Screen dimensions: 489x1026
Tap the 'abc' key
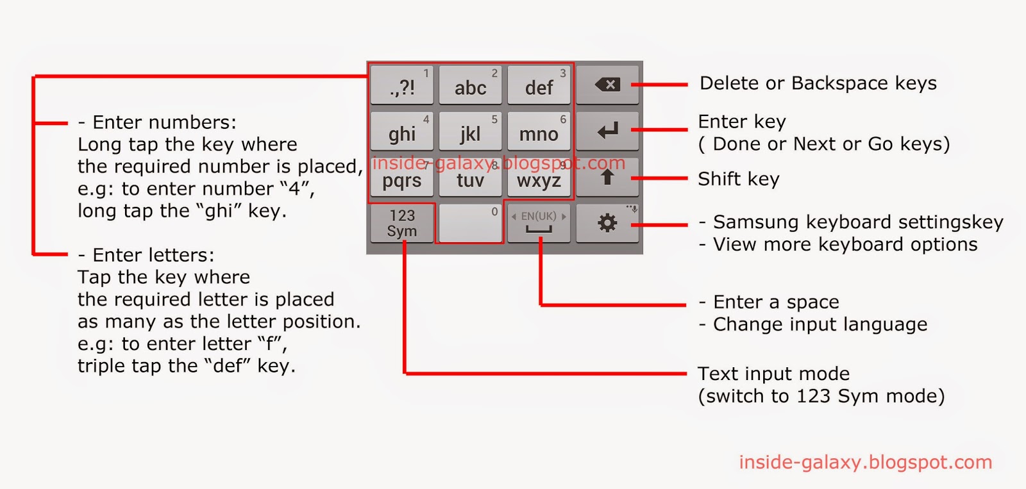coord(470,85)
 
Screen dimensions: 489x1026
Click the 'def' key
coord(539,85)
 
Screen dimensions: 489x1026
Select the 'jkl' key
coord(470,131)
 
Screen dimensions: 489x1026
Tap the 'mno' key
coord(539,131)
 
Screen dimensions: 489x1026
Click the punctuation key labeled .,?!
coord(402,85)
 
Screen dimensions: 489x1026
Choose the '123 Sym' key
coord(402,223)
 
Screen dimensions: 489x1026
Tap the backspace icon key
coord(607,85)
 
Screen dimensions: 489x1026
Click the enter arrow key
coord(607,131)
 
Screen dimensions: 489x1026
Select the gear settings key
coord(607,223)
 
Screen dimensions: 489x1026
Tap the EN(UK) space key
coord(539,223)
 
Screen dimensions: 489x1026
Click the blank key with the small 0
coord(470,223)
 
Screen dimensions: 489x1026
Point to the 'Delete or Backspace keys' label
coord(818,83)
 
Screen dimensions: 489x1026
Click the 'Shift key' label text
coord(738,179)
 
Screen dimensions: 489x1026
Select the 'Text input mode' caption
coord(773,374)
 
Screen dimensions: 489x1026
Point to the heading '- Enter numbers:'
coord(157,122)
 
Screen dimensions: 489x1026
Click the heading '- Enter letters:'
coord(146,255)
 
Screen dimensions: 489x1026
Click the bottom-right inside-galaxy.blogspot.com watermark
coord(865,462)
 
